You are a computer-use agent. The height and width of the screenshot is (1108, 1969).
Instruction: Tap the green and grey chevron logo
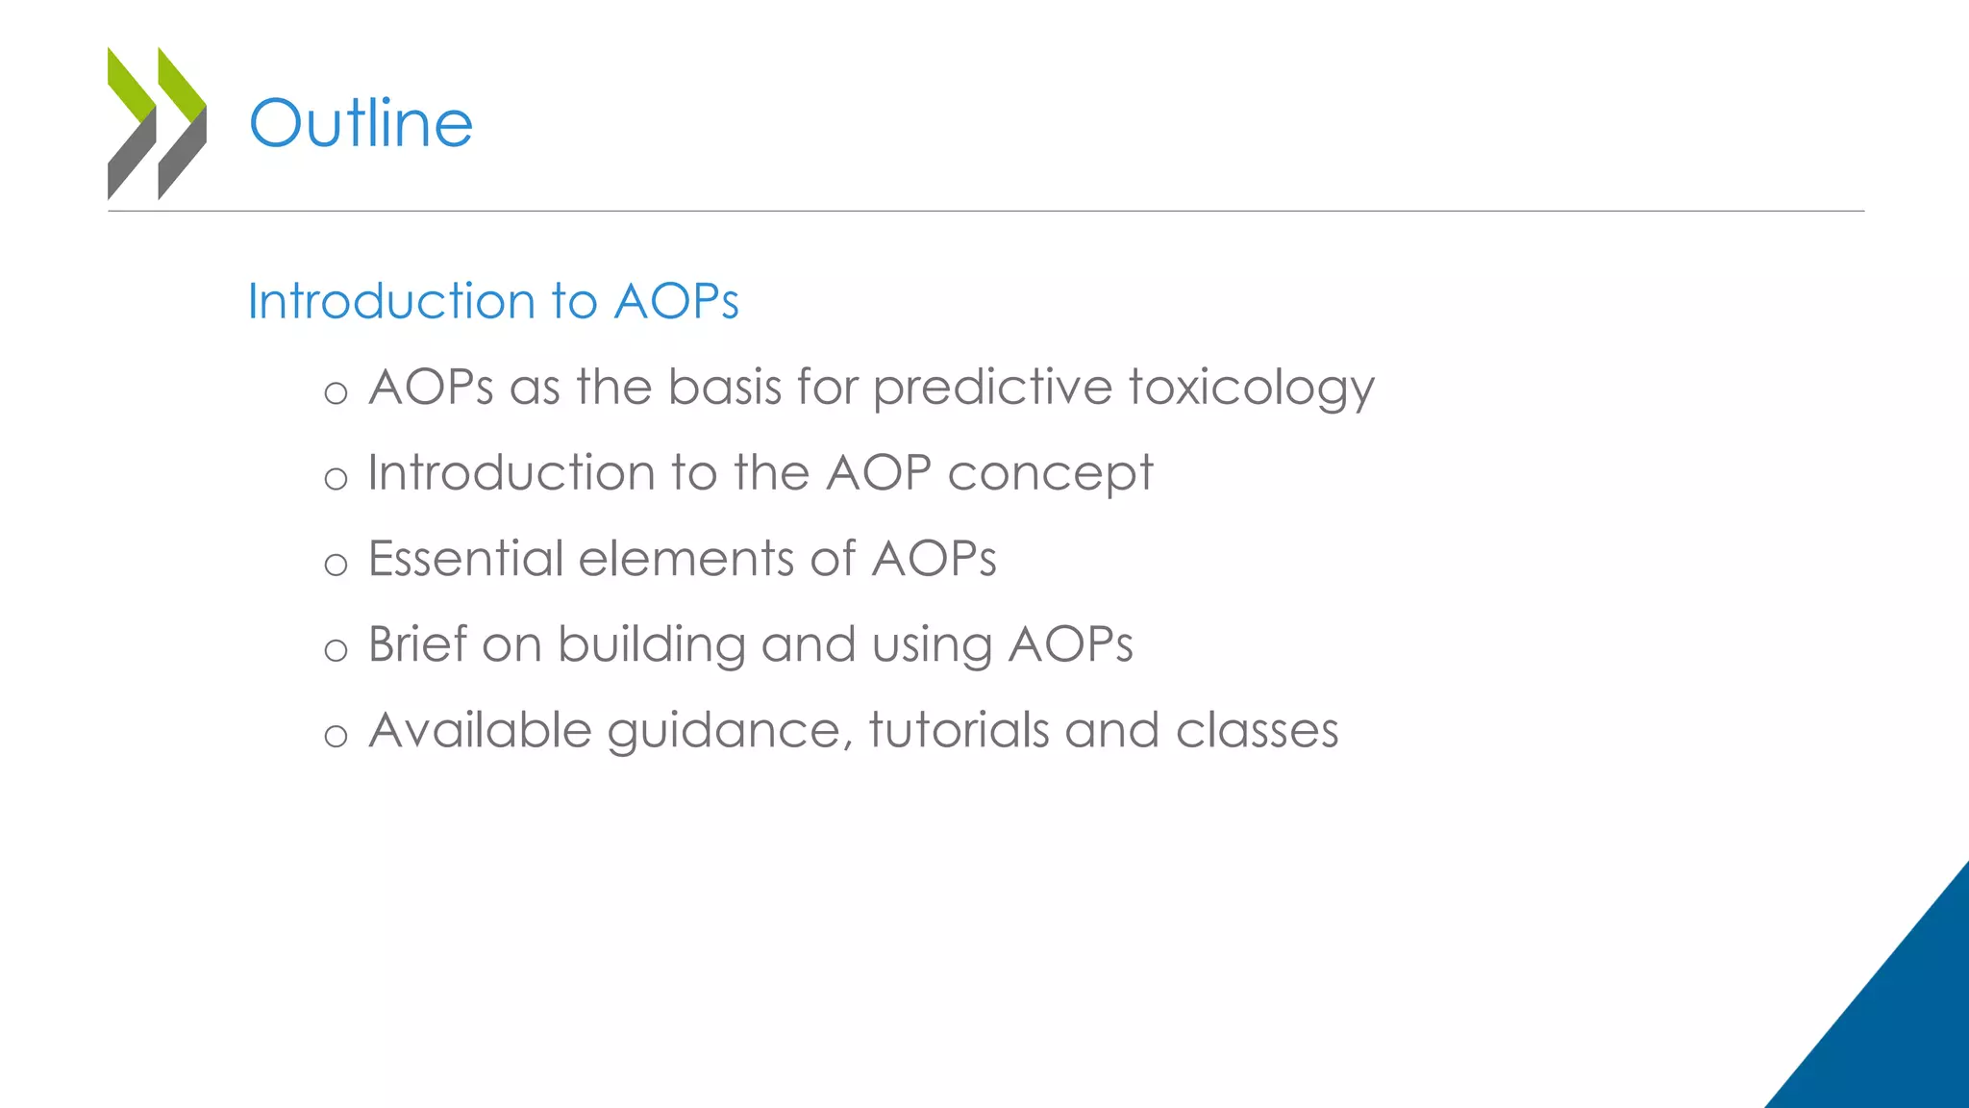point(157,123)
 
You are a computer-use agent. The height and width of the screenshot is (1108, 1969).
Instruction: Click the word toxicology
point(1251,389)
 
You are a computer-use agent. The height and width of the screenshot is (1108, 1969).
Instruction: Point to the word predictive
point(992,389)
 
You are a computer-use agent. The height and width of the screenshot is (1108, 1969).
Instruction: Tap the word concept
point(1050,474)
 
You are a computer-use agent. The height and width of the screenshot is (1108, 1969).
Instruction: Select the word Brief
point(416,644)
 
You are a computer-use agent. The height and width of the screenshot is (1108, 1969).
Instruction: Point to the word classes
point(1257,730)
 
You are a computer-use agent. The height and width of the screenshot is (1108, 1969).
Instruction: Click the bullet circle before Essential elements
point(336,565)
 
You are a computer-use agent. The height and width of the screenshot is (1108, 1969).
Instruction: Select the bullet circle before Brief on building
point(336,650)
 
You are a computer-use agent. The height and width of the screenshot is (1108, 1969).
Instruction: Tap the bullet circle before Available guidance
point(336,737)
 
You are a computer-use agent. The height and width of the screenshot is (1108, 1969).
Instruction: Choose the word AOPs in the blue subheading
point(676,301)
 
